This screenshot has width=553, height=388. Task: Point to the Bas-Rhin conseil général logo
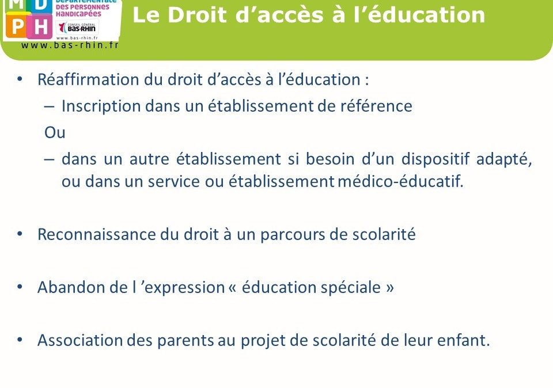(x=77, y=27)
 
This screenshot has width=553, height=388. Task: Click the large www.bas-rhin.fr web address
(x=70, y=45)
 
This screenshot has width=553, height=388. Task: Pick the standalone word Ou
(x=55, y=132)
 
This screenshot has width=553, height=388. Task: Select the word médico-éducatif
(x=400, y=181)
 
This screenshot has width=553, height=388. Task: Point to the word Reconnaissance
(x=96, y=234)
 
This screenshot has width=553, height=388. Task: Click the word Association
(x=81, y=340)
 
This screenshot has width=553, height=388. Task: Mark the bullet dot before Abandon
(x=20, y=287)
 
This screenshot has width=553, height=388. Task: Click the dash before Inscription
(x=50, y=106)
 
